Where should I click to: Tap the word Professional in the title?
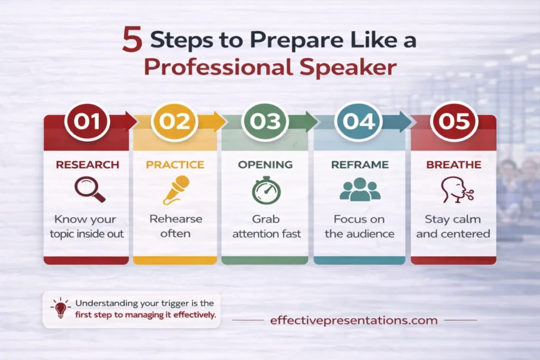pos(204,68)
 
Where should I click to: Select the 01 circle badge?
pos(86,121)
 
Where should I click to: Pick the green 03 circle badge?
pos(265,121)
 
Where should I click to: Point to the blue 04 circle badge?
pos(358,121)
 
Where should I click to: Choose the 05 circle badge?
pos(454,121)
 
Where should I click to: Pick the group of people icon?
pos(360,190)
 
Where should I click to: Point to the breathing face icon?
pos(455,190)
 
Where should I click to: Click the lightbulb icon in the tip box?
pos(61,308)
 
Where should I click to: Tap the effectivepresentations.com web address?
pos(353,320)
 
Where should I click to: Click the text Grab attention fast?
pos(266,226)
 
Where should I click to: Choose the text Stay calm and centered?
pos(453,226)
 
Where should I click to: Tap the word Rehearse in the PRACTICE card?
pos(176,219)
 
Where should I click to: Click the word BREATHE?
pos(453,165)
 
